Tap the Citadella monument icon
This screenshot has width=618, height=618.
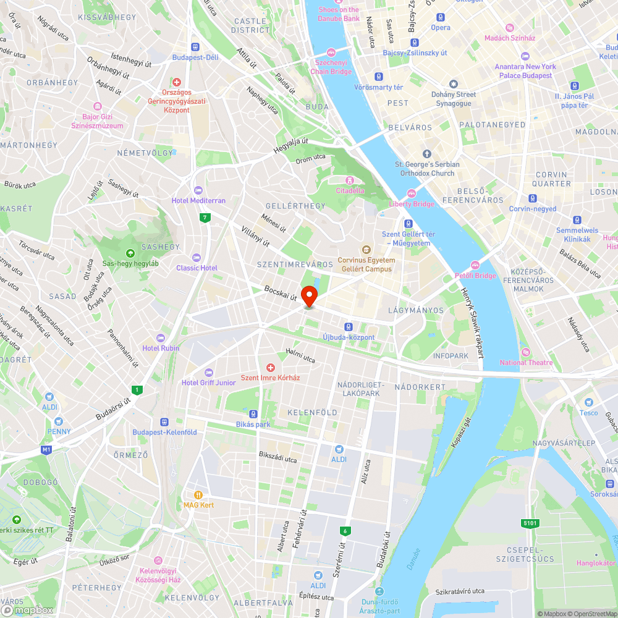[350, 180]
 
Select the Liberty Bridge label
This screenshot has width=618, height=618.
[411, 203]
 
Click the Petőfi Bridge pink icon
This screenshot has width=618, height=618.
[476, 265]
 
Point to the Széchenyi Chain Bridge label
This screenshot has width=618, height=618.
[332, 67]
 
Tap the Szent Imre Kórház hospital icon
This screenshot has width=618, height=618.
[270, 368]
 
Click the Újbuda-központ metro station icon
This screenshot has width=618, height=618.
[349, 326]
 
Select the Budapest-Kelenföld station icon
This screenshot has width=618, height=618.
[164, 422]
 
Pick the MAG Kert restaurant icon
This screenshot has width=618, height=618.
[198, 494]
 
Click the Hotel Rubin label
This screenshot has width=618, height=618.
[161, 348]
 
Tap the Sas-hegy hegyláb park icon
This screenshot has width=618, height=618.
[130, 253]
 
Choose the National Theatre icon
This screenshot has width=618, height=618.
[526, 352]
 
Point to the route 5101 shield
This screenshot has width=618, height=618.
[530, 523]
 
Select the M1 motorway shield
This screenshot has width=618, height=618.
[46, 449]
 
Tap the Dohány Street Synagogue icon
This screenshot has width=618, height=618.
[454, 84]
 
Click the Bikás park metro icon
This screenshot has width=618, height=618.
[253, 413]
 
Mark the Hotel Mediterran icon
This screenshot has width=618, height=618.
[198, 190]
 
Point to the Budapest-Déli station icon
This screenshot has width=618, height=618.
[195, 46]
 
